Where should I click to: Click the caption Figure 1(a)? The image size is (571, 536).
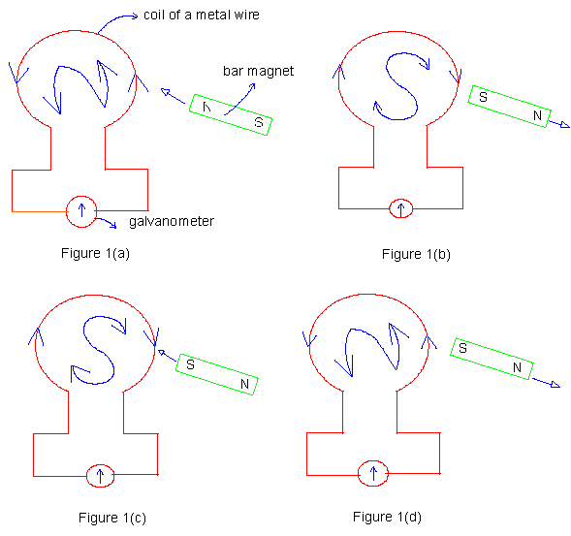95,253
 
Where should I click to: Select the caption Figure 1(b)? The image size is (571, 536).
416,254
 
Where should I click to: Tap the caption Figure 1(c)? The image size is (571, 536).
112,518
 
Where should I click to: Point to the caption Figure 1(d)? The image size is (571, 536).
387,517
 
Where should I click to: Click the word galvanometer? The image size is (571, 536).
172,221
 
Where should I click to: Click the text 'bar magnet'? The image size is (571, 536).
258,71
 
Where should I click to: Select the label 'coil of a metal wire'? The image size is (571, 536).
202,15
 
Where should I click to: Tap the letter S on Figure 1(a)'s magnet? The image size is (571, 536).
259,122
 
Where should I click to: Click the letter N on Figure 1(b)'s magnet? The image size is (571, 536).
537,115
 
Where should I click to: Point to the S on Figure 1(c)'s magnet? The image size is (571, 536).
190,364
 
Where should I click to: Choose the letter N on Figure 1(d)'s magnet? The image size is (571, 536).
517,367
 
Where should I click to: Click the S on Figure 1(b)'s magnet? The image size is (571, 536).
483,97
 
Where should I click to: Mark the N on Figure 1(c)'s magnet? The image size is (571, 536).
244,384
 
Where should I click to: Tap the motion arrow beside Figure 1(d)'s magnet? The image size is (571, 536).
546,383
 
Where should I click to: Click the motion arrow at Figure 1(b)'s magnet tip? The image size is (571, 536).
559,124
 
